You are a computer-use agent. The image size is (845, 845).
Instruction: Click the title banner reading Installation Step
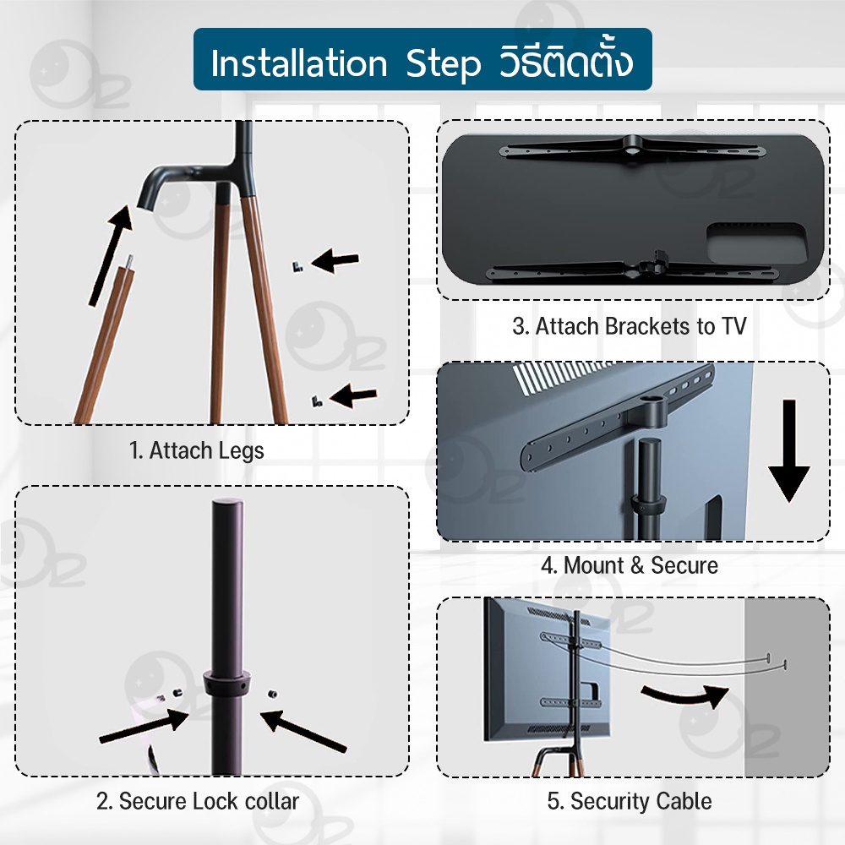(x=422, y=59)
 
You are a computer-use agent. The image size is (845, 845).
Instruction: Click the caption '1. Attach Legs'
(x=197, y=450)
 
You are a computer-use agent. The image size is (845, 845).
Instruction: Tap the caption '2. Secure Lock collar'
(x=198, y=801)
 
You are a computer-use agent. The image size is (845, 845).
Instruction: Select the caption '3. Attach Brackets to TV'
(x=630, y=326)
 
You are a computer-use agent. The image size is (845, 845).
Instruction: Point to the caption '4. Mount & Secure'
(x=630, y=565)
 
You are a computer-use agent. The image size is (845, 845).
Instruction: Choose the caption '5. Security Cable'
(x=630, y=801)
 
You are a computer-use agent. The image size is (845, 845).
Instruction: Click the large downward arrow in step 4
(x=789, y=450)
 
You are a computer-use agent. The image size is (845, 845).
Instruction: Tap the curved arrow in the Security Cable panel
(x=685, y=695)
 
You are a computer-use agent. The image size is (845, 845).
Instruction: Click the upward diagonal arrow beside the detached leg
(x=111, y=255)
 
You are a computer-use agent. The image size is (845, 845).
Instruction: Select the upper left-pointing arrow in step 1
(x=335, y=262)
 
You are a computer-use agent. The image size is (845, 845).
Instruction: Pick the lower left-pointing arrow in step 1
(x=353, y=396)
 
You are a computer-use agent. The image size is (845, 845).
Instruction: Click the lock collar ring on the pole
(x=227, y=684)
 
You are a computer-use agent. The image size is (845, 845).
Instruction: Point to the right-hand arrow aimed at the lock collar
(x=303, y=731)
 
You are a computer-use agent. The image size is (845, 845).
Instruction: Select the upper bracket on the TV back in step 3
(x=633, y=147)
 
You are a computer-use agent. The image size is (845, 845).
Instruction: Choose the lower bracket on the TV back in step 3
(x=631, y=267)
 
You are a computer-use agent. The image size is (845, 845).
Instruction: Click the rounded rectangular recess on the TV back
(x=756, y=243)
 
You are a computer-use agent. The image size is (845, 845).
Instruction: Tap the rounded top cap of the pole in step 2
(x=227, y=505)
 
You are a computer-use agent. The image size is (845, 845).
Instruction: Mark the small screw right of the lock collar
(x=273, y=694)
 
